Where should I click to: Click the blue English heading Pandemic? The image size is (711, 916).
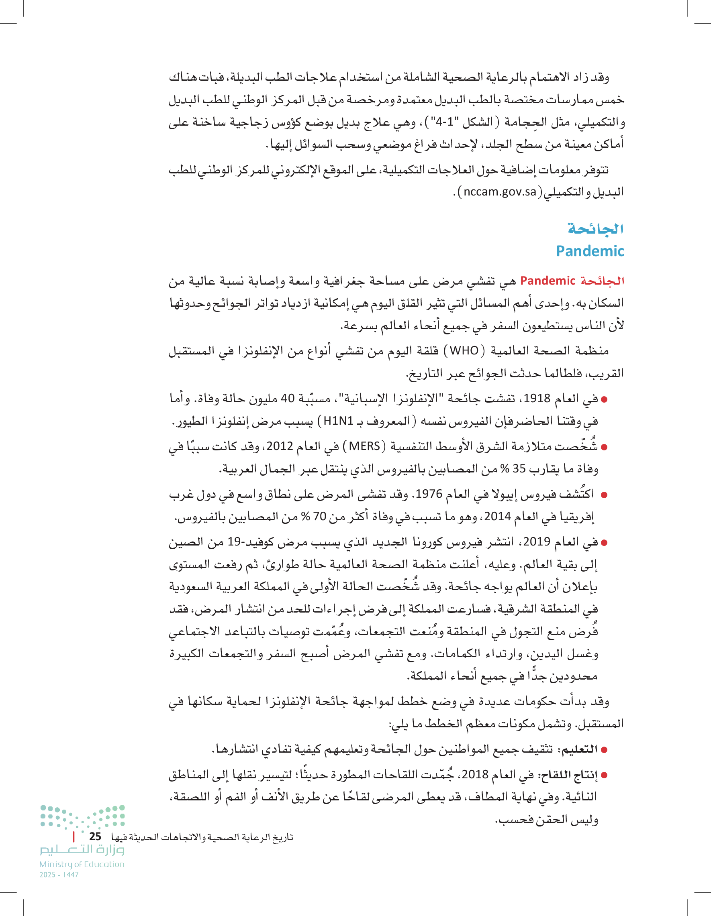[x=590, y=251]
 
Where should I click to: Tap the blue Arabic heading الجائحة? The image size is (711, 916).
[x=596, y=228]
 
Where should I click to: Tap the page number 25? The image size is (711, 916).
[x=95, y=836]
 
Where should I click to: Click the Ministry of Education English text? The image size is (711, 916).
[x=82, y=864]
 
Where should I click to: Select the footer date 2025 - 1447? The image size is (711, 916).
[x=59, y=875]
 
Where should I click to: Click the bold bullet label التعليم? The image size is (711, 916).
[x=580, y=749]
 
